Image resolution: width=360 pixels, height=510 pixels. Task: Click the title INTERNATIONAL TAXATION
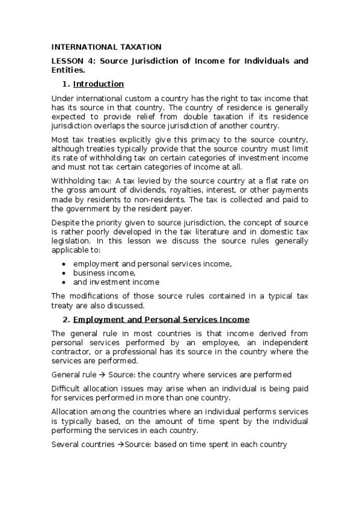(x=106, y=46)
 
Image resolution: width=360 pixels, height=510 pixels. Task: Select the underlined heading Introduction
(x=98, y=84)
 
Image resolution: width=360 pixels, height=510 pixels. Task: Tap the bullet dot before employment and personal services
(x=64, y=264)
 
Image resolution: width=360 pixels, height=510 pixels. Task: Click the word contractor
(x=72, y=352)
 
